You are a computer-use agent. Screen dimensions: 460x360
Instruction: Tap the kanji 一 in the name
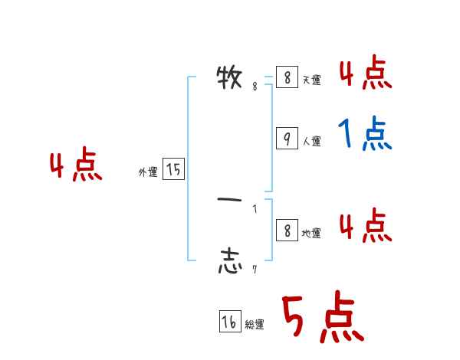230,200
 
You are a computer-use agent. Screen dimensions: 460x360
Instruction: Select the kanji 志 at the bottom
230,261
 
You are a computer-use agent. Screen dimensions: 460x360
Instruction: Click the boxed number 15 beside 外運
173,170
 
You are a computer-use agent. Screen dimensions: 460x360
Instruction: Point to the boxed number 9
286,139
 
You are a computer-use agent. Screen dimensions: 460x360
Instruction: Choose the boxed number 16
229,322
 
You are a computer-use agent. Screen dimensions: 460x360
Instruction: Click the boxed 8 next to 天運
286,77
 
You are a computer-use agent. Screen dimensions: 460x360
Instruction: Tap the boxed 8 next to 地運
286,231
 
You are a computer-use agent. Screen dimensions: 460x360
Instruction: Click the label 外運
147,173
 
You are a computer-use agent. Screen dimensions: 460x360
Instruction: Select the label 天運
311,80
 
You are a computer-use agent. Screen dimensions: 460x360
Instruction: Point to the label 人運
311,142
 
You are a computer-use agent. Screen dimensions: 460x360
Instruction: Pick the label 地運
311,234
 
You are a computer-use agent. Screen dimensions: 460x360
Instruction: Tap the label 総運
255,325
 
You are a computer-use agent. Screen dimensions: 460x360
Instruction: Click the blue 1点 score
364,136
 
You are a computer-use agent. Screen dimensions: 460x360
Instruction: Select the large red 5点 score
321,318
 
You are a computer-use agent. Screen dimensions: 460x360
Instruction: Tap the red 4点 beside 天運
365,74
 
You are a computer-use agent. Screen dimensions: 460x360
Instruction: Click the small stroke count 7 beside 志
254,270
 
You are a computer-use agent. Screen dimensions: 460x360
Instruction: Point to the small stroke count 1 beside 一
255,208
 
